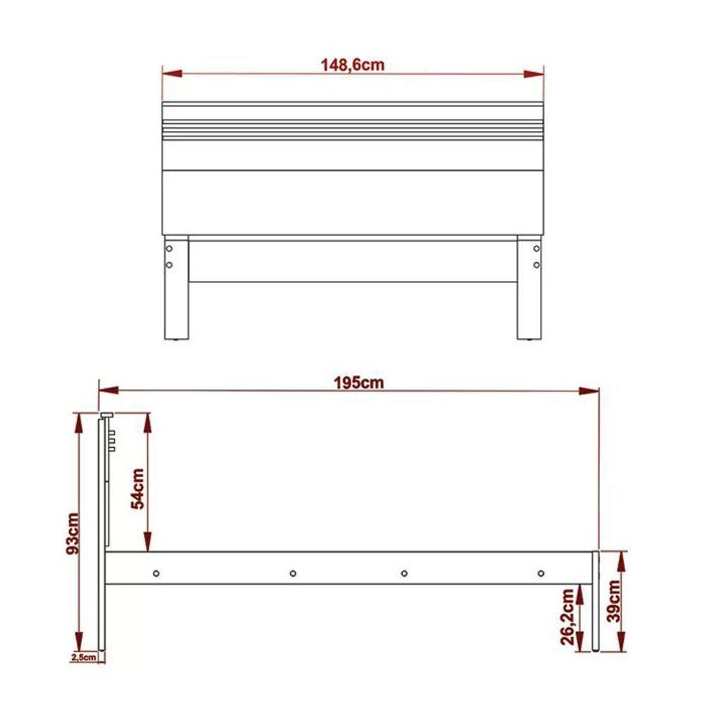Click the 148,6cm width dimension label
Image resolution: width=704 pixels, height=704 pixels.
click(353, 65)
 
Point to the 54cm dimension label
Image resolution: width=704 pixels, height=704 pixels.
click(138, 488)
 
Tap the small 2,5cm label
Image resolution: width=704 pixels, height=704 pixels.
click(83, 658)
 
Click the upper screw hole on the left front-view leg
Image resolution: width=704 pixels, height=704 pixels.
click(170, 249)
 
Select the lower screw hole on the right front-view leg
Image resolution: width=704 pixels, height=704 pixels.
click(536, 265)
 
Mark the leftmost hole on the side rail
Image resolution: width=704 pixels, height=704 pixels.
click(156, 573)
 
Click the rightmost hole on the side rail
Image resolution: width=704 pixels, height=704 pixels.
click(541, 573)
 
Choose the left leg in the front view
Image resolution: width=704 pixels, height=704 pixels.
click(177, 289)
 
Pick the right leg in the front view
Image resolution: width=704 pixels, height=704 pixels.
click(529, 289)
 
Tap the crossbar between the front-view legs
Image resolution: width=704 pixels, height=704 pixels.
click(352, 262)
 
